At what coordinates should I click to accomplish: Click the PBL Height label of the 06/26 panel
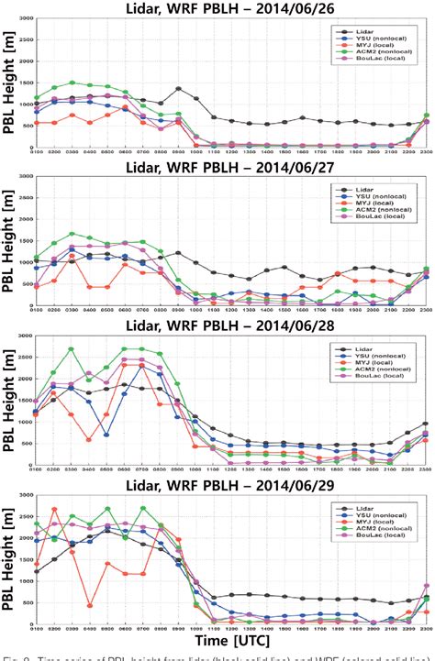pyautogui.click(x=10, y=88)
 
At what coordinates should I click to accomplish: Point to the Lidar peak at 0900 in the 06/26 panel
pyautogui.click(x=178, y=89)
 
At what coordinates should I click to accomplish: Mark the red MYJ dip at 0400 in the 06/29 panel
pyautogui.click(x=89, y=605)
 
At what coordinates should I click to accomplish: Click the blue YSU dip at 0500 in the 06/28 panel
pyautogui.click(x=107, y=435)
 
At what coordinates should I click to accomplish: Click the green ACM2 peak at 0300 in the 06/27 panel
pyautogui.click(x=72, y=234)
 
